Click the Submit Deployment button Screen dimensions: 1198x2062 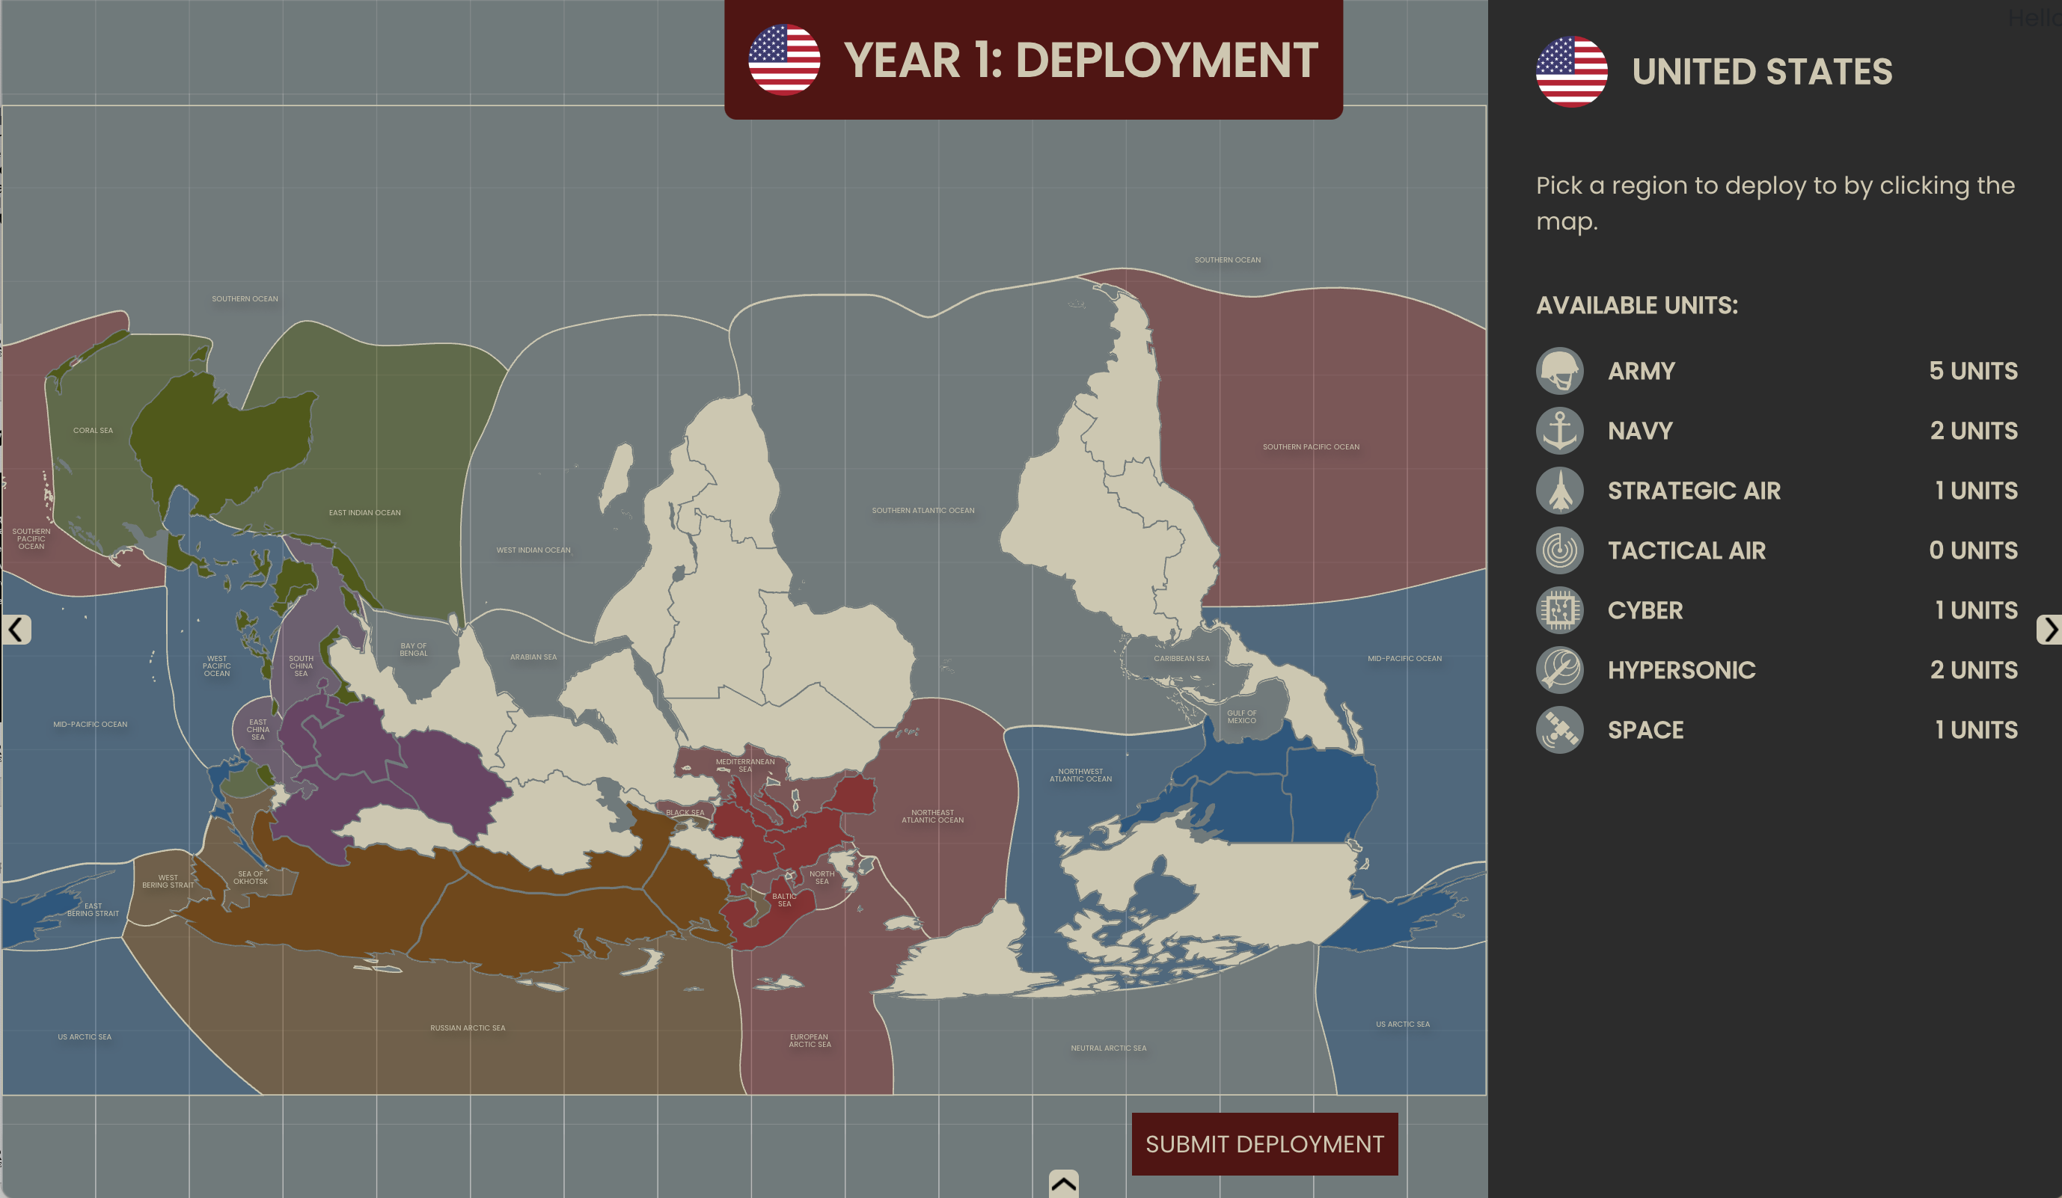[x=1264, y=1143]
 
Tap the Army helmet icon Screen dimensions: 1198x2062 [x=1559, y=370]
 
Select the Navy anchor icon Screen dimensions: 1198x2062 [x=1559, y=430]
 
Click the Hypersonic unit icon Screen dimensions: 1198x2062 [x=1559, y=670]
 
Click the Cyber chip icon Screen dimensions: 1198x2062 [x=1559, y=610]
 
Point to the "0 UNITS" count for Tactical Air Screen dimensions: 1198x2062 [x=1973, y=550]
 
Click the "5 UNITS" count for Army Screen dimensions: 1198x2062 [x=1973, y=370]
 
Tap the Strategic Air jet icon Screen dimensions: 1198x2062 [x=1559, y=491]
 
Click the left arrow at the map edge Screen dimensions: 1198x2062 [x=16, y=630]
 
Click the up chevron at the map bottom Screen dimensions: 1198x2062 [x=1064, y=1183]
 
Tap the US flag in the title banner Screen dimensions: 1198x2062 [x=784, y=60]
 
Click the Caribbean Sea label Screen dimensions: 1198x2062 [x=1181, y=658]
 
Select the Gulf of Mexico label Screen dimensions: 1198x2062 [x=1241, y=716]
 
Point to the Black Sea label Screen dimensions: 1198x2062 [x=685, y=813]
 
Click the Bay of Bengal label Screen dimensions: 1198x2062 [x=413, y=649]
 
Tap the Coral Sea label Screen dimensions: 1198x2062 [x=94, y=430]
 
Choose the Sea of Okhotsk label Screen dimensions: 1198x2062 [x=251, y=877]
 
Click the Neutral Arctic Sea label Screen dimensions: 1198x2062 [x=1108, y=1048]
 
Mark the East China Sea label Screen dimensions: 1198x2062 [x=257, y=729]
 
